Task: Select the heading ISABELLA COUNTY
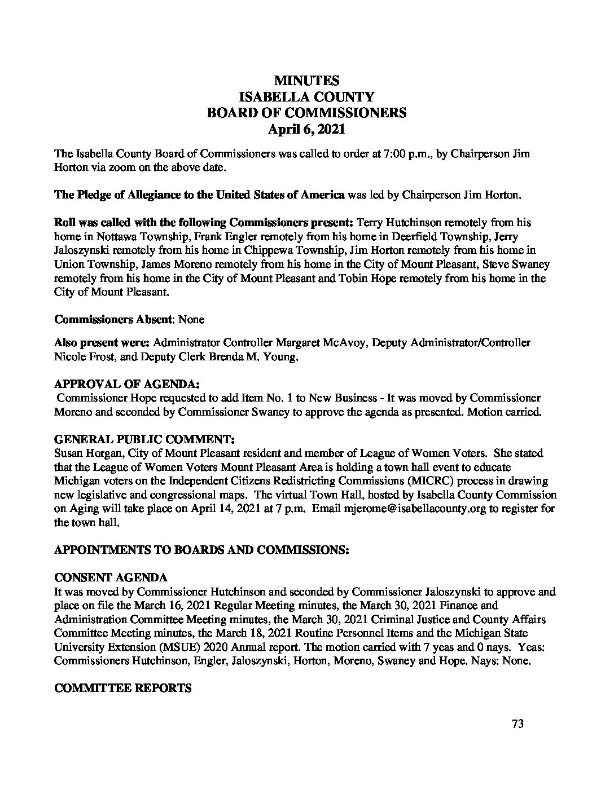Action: pyautogui.click(x=306, y=96)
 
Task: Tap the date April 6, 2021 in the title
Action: pyautogui.click(x=306, y=129)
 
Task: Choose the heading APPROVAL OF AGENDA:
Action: pyautogui.click(x=126, y=384)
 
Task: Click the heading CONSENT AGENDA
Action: pyautogui.click(x=111, y=578)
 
